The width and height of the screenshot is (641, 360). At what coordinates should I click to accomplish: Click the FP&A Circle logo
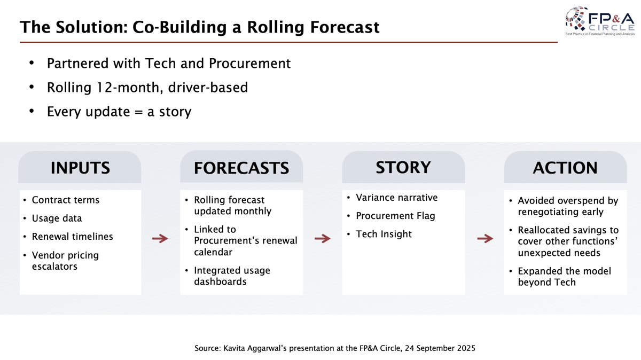pos(600,21)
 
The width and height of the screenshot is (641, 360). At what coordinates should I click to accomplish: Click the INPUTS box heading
pos(80,168)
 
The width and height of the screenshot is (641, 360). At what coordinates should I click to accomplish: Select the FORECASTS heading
pos(241,168)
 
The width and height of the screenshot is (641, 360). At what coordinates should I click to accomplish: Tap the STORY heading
pos(403,167)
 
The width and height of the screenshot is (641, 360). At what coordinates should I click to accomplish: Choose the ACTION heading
pos(565,168)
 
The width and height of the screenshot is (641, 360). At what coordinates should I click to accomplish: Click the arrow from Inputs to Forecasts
pos(160,238)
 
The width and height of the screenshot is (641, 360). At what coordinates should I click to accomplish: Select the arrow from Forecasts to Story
pos(323,238)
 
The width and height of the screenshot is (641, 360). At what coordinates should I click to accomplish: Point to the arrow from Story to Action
pos(485,238)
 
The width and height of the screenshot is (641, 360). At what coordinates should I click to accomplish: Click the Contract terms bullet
pos(66,200)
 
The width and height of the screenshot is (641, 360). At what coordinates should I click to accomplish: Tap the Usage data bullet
pos(57,218)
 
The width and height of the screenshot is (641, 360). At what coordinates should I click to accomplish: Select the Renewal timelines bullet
pos(73,237)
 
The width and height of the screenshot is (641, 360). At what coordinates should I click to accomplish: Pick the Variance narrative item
pos(396,198)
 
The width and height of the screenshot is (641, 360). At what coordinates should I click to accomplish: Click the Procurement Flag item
pos(395,216)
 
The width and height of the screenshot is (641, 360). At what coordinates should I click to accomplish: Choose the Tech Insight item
pos(384,234)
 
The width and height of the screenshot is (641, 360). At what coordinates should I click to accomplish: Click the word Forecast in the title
pos(345,27)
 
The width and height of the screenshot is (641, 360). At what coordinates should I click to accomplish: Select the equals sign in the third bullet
pos(138,112)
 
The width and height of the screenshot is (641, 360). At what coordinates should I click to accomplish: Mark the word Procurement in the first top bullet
pos(249,63)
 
